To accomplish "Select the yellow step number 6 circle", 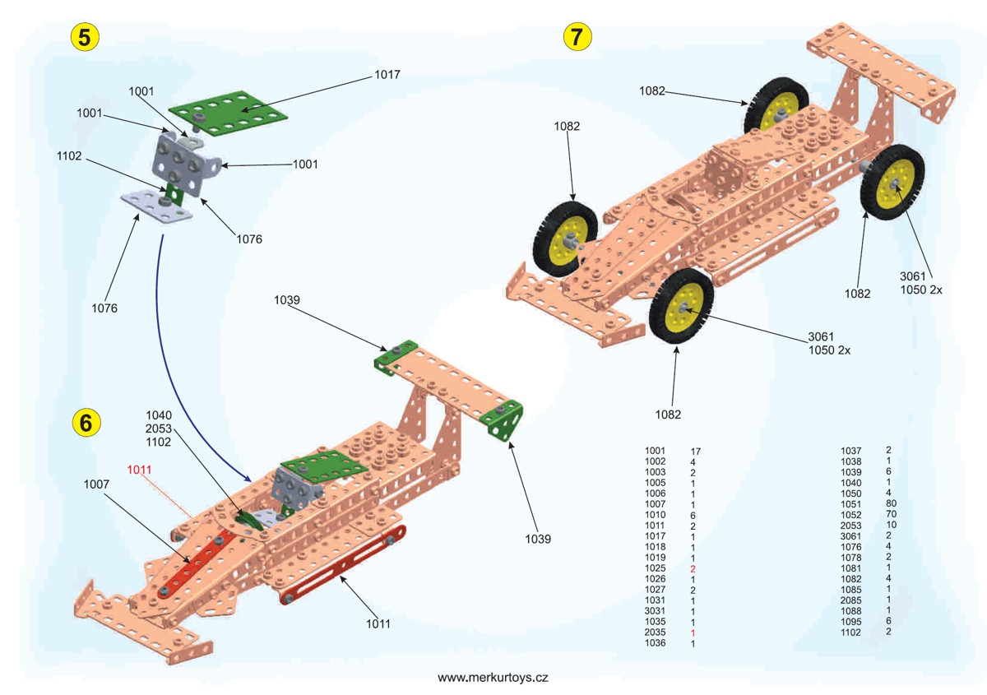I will point(86,422).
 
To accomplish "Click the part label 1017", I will point(387,75).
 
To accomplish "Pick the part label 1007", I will point(97,485).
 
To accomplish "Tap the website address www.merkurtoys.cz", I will point(493,678).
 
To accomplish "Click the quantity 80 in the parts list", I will point(891,503).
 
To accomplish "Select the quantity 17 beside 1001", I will point(696,452).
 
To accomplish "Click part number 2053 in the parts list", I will point(850,525).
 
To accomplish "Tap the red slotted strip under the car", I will point(343,567).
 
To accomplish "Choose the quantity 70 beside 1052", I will point(891,514).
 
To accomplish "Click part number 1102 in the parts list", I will point(850,632).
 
